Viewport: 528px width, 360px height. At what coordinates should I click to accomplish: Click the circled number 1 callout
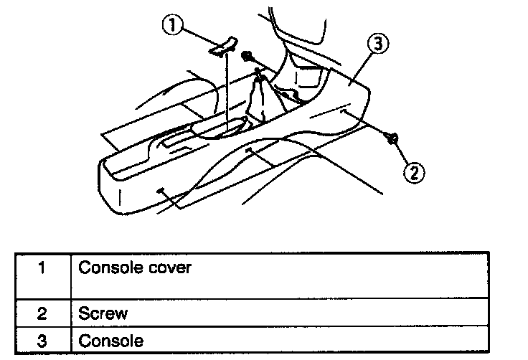tap(171, 27)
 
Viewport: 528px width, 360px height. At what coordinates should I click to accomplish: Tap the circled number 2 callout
tap(414, 171)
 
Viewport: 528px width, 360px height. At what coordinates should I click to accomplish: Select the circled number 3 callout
tap(379, 45)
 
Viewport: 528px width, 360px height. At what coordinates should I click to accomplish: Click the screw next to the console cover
tap(247, 55)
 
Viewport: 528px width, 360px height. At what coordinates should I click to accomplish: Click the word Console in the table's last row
tap(110, 341)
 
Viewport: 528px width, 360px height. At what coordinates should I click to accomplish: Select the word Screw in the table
tap(103, 313)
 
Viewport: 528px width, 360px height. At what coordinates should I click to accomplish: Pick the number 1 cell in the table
tap(42, 269)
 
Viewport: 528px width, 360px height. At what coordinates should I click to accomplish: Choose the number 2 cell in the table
tap(42, 313)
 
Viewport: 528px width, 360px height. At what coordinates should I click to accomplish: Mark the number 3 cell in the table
tap(42, 341)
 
